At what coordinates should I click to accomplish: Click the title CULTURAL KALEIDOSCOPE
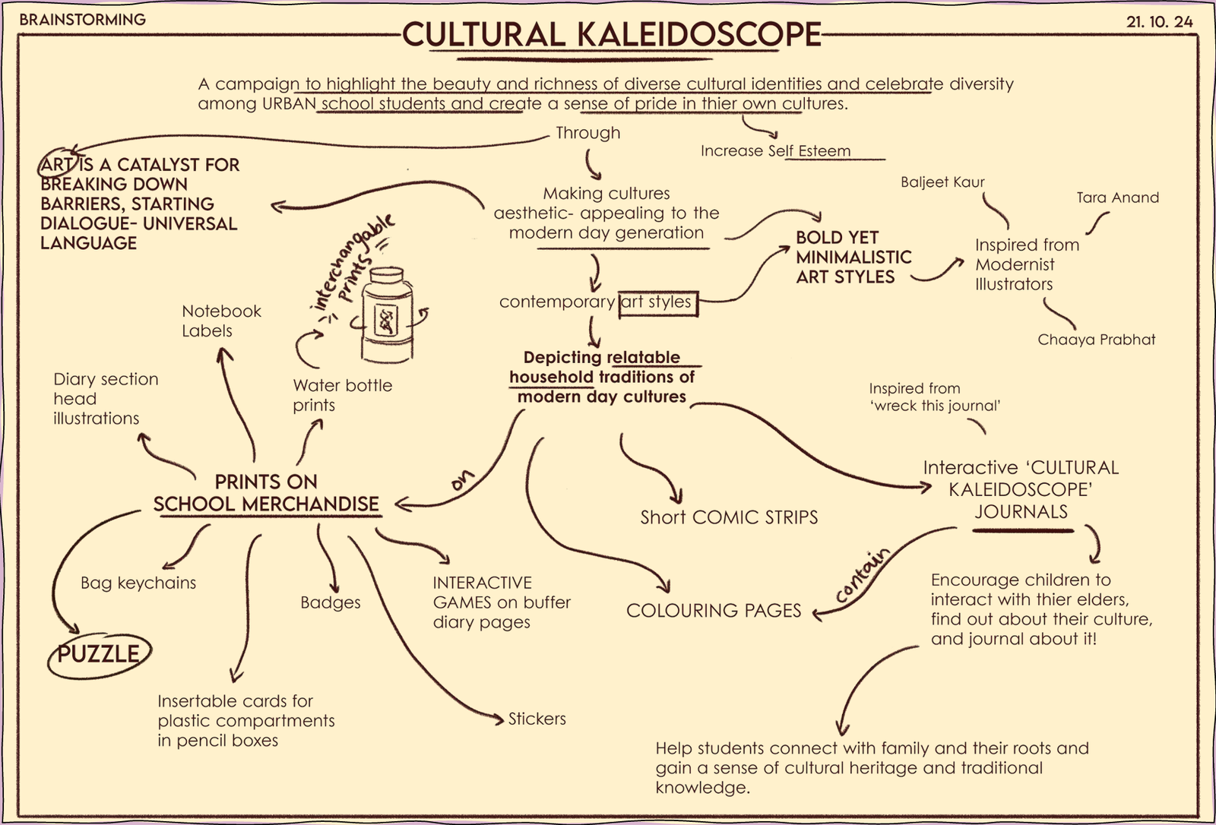pos(611,34)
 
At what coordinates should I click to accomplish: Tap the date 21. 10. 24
pos(1159,22)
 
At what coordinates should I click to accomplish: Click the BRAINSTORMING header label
pos(82,20)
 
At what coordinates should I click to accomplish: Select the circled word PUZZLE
pos(99,654)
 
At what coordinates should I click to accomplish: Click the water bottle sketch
pos(388,315)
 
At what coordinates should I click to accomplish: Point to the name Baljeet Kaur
pos(942,182)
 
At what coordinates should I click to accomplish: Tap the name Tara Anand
pos(1117,198)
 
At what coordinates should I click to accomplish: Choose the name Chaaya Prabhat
pos(1096,340)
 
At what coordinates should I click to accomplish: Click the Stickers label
pos(537,719)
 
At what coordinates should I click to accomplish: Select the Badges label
pos(330,602)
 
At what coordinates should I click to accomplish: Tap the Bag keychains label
pos(138,583)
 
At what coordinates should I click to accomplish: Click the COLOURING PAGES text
pos(714,611)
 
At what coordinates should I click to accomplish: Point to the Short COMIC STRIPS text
pos(729,517)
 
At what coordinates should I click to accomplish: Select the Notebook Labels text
pos(221,321)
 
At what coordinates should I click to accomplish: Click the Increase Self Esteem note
pos(775,150)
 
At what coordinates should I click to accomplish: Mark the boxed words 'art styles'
pos(657,302)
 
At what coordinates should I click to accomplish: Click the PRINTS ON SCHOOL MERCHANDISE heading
pos(266,493)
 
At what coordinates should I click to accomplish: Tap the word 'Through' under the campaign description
pos(587,133)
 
